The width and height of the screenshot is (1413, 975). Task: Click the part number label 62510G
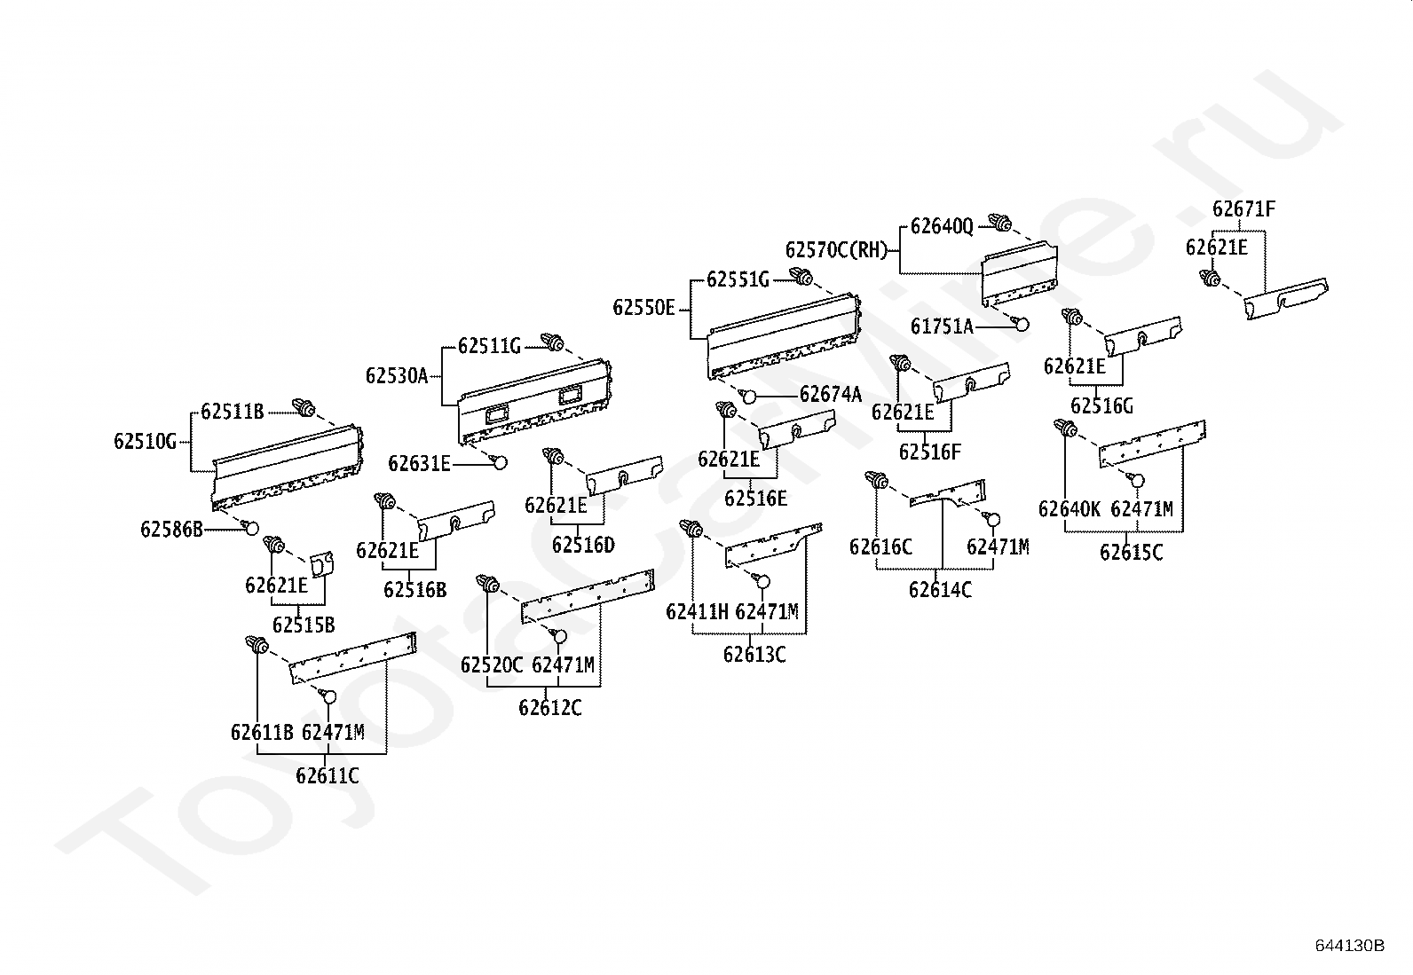point(145,442)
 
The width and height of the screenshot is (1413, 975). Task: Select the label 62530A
point(397,376)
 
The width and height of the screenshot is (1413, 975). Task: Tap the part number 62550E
point(644,308)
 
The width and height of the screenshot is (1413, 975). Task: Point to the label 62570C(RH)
point(836,250)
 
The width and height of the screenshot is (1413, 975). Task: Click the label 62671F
point(1244,208)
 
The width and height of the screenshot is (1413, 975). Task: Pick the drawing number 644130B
point(1350,946)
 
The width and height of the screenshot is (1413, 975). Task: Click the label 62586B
point(171,530)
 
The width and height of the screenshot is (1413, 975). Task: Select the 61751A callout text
point(943,326)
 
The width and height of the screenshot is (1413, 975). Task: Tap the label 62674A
point(831,395)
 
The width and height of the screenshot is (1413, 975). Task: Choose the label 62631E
point(420,464)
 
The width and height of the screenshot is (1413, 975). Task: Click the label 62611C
point(328,775)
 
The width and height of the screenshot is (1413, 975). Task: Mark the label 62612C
point(550,708)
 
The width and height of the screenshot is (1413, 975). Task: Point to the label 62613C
point(754,656)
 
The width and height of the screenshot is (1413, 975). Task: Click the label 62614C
point(941,590)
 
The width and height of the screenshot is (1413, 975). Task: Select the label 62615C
point(1132,553)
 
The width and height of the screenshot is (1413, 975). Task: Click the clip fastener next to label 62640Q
point(999,223)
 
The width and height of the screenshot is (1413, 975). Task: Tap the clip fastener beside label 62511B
point(304,409)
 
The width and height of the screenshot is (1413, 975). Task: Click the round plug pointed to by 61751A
point(1022,324)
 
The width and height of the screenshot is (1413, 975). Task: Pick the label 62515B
point(304,625)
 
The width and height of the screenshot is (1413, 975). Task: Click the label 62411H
point(697,612)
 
